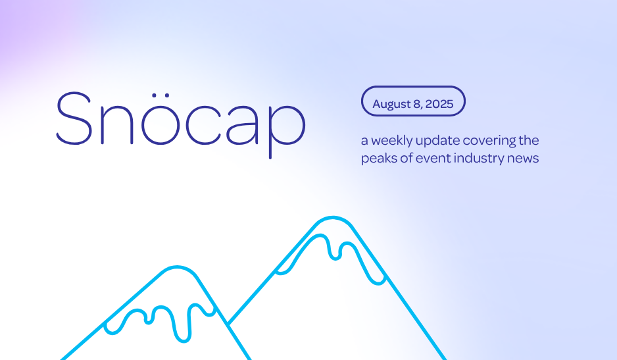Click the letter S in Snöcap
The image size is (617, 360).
(x=74, y=118)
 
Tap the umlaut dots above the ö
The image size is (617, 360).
(x=160, y=95)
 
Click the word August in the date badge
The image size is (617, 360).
(x=392, y=105)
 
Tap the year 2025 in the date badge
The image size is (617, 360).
(x=439, y=104)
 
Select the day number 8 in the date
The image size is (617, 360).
(x=418, y=105)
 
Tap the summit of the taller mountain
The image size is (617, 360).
(x=333, y=217)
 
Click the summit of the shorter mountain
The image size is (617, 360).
(x=177, y=267)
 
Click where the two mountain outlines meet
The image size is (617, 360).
(x=228, y=324)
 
